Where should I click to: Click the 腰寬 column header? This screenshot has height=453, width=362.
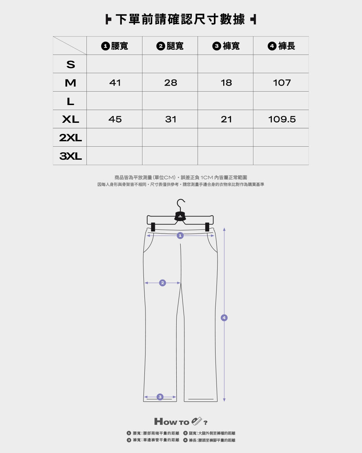(x=115, y=46)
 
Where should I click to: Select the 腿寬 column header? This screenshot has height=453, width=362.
(x=170, y=46)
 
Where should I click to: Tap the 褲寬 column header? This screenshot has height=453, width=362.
(x=226, y=46)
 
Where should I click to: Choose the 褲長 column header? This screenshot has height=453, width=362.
(x=281, y=46)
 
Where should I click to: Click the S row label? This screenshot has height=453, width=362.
(x=71, y=64)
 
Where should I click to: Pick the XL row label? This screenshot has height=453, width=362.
(x=71, y=119)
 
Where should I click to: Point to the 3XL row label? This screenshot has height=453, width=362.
(x=70, y=156)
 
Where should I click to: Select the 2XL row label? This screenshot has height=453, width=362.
(x=70, y=138)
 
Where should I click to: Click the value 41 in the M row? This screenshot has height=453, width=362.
(x=115, y=83)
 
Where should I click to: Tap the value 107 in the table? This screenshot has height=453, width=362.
(x=282, y=83)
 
